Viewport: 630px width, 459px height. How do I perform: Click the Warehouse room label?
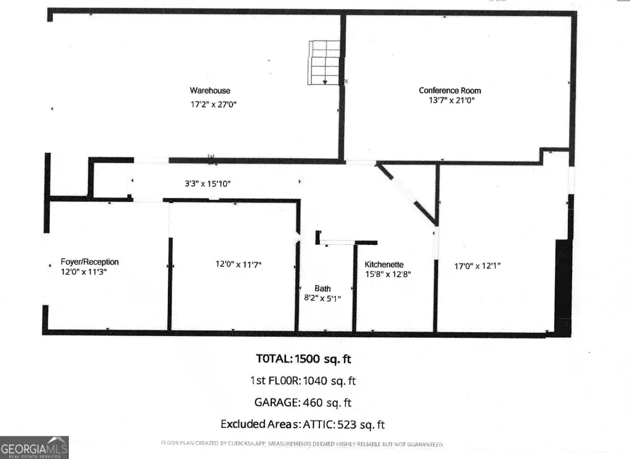[210, 90]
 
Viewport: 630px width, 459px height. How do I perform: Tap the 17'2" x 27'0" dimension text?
[213, 105]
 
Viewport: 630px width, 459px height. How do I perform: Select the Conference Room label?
[450, 90]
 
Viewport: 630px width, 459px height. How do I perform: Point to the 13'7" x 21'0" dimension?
[452, 100]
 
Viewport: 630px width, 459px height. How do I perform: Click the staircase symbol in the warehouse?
[324, 63]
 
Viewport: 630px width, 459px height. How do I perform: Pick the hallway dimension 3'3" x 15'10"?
[208, 184]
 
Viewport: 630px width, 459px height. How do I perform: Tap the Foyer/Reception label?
[90, 261]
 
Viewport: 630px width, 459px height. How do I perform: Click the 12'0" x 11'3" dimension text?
[84, 272]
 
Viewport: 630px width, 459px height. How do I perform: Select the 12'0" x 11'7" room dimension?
[239, 264]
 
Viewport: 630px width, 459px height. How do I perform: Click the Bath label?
[322, 289]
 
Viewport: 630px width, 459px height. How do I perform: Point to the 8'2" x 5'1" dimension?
[322, 298]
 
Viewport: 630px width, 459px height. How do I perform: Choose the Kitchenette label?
[384, 265]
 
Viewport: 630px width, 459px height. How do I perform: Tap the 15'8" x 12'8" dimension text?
[388, 274]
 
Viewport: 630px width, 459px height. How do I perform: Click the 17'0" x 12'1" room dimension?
[477, 266]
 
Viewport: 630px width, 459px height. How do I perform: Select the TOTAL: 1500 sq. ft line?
[303, 359]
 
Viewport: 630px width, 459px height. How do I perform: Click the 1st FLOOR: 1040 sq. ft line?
[303, 381]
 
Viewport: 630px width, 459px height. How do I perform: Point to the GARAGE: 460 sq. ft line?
[303, 402]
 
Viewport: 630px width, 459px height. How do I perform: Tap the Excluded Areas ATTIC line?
[303, 425]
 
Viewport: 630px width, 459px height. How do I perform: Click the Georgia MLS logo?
[34, 447]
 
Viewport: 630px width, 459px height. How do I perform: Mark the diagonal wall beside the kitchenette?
[407, 193]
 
